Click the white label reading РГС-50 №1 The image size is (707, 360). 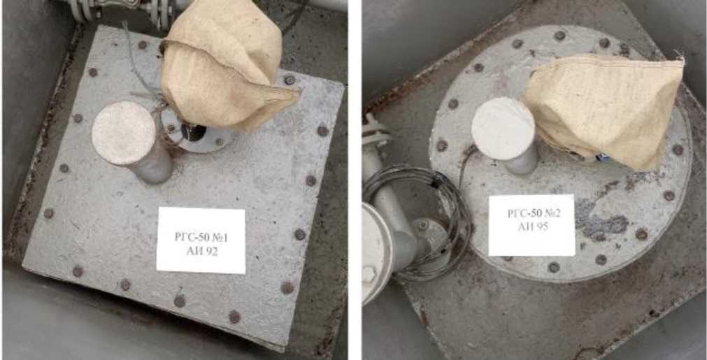pos(201,240)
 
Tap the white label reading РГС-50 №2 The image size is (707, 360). pos(531,225)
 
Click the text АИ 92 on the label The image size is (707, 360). pos(201,252)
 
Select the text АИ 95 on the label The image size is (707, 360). pos(532,227)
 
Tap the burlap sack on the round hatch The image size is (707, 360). pos(604,110)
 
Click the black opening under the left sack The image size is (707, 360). pos(193,131)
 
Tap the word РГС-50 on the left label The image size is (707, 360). pos(192,238)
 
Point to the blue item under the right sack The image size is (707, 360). pos(602,158)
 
